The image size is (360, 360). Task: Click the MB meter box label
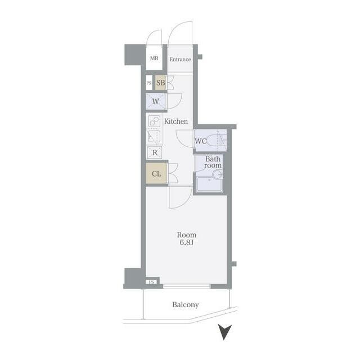click(x=154, y=58)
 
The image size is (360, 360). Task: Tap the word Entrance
click(x=180, y=60)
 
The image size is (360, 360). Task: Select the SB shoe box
click(x=160, y=83)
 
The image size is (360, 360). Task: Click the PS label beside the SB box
click(x=148, y=83)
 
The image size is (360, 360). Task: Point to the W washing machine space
click(x=156, y=101)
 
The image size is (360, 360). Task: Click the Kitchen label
click(x=176, y=121)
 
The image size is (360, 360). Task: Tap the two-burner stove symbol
click(x=154, y=121)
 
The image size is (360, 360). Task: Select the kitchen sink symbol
click(x=154, y=137)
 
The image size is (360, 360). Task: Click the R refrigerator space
click(x=155, y=152)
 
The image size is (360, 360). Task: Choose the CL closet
click(x=156, y=174)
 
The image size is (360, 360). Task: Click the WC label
click(x=201, y=141)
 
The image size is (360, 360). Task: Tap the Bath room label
click(x=213, y=162)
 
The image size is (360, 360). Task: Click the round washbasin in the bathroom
click(x=217, y=175)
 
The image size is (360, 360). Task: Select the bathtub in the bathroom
click(x=209, y=184)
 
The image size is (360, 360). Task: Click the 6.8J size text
click(x=186, y=242)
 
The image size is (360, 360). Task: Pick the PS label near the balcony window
click(x=151, y=282)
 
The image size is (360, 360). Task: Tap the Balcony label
click(x=186, y=305)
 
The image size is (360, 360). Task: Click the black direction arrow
click(x=224, y=332)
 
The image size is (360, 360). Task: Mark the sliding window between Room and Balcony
click(x=187, y=286)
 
